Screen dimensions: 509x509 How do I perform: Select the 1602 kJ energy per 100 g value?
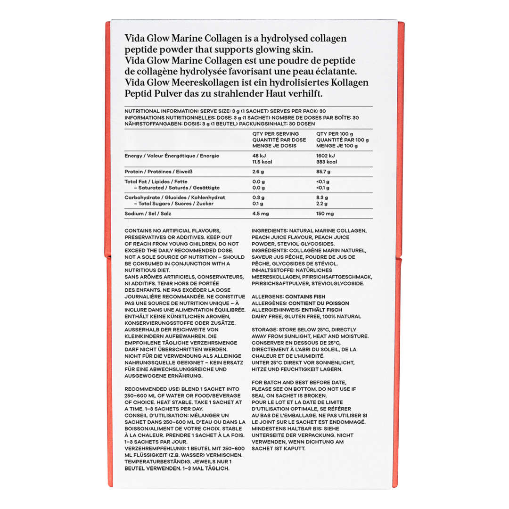pyautogui.click(x=326, y=156)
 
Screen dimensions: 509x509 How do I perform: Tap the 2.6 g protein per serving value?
pyautogui.click(x=258, y=172)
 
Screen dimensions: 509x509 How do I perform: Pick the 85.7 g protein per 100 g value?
pyautogui.click(x=324, y=172)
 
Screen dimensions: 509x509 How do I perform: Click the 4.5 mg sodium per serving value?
pyautogui.click(x=261, y=213)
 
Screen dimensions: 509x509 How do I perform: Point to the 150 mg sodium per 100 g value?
pyautogui.click(x=325, y=213)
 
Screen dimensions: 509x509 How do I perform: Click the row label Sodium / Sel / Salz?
pyautogui.click(x=147, y=213)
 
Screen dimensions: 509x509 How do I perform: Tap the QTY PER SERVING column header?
pyautogui.click(x=276, y=134)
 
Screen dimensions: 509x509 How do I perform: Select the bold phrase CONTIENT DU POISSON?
pyautogui.click(x=319, y=303)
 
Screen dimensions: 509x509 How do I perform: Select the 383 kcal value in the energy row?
pyautogui.click(x=327, y=162)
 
